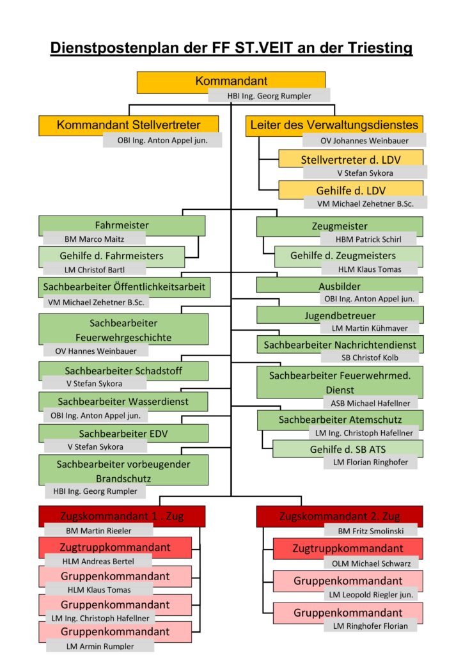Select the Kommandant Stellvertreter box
129,125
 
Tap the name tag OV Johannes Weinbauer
364,141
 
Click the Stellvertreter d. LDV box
350,159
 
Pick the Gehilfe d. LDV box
350,189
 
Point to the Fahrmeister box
122,226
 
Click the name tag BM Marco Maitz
95,239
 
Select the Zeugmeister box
340,226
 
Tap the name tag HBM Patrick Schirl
368,239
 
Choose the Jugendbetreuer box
340,315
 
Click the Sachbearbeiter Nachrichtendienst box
340,344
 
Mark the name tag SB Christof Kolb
370,358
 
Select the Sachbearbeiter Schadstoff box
123,370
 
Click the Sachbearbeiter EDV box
123,433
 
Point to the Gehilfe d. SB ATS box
348,449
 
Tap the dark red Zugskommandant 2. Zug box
340,516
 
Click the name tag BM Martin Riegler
98,530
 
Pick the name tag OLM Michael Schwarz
371,564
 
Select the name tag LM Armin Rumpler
100,646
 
